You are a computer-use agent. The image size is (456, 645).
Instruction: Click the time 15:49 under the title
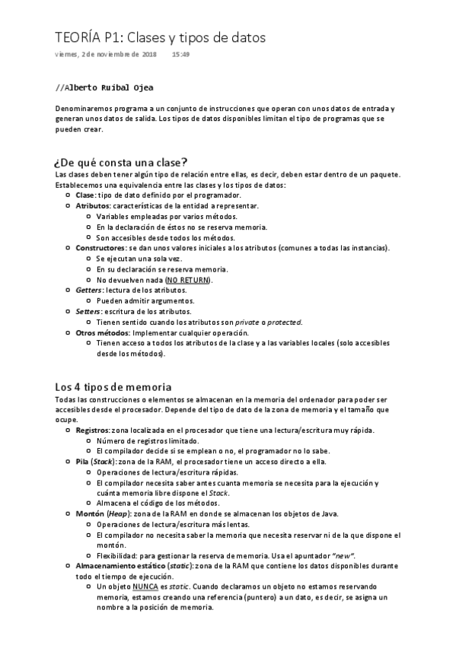click(180, 55)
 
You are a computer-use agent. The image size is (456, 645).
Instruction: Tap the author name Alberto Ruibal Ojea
click(110, 87)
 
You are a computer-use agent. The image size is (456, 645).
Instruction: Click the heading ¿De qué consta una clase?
click(121, 162)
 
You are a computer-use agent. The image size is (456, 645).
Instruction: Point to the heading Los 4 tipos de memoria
click(113, 386)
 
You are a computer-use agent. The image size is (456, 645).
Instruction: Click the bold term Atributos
click(93, 205)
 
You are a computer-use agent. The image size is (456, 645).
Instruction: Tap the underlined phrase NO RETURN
click(187, 280)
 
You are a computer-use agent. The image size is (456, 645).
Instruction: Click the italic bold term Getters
click(88, 291)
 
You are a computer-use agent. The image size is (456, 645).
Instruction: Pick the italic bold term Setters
click(88, 312)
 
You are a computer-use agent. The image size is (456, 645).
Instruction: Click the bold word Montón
click(89, 514)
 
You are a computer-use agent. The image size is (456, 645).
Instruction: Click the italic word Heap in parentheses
click(119, 514)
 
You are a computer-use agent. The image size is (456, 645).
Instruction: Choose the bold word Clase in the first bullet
click(85, 195)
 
